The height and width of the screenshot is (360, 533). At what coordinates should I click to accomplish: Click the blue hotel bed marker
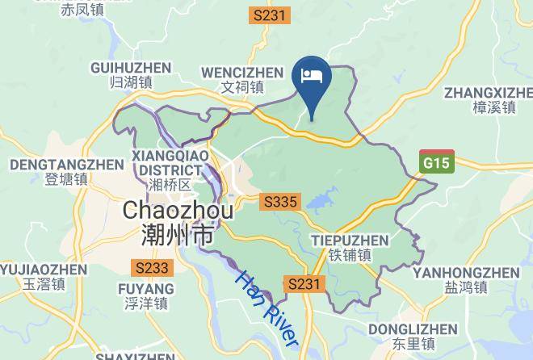click(312, 77)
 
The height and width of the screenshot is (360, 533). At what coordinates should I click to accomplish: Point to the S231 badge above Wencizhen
click(269, 15)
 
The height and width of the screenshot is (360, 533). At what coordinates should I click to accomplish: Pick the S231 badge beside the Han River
click(304, 283)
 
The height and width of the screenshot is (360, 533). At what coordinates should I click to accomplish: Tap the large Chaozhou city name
click(178, 211)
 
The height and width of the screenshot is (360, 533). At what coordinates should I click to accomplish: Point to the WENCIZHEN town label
click(243, 72)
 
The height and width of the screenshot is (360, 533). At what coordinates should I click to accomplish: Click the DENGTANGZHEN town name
click(66, 165)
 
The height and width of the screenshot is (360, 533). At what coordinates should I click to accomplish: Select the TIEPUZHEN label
click(349, 241)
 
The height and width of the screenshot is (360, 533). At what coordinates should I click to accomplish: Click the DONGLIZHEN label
click(413, 329)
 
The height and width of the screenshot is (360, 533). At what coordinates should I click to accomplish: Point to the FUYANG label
click(145, 289)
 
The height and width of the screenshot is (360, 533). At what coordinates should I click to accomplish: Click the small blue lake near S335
click(321, 199)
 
